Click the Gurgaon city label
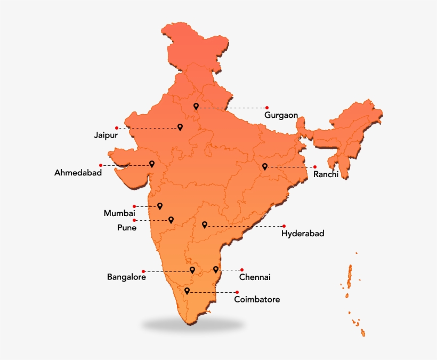point(281,115)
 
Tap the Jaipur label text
point(106,135)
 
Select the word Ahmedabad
point(78,173)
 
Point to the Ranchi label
point(326,174)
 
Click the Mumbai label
point(119,213)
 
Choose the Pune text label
point(127,228)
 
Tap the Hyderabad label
point(303,233)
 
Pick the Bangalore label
point(126,277)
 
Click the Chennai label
point(255,277)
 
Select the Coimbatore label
point(257,300)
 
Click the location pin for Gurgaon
point(196,106)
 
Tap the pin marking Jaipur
point(180,127)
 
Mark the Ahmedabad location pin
point(152,164)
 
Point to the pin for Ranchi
point(265,166)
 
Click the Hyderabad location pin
point(205,225)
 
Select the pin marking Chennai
point(216,269)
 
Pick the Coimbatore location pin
point(187,291)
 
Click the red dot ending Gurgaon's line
point(267,108)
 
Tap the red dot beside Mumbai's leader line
point(134,206)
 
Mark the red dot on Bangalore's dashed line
point(143,271)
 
